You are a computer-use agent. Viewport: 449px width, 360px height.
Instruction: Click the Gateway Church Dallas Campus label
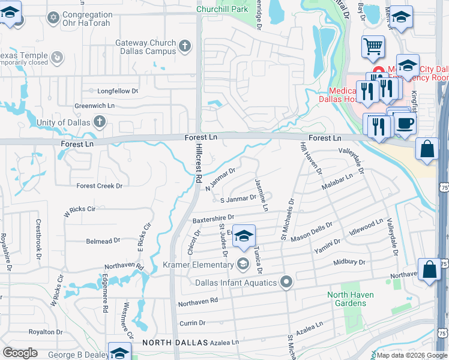point(146,47)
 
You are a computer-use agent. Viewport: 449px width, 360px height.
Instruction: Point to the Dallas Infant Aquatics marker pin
point(287,282)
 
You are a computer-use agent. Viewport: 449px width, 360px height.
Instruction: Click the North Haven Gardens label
point(351,299)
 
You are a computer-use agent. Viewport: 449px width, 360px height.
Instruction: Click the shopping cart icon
point(373,46)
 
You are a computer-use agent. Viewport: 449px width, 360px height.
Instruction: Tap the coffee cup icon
point(404,123)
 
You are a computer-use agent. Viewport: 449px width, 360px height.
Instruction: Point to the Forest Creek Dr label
point(99,186)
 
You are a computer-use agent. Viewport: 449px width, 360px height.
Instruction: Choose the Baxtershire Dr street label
point(213,218)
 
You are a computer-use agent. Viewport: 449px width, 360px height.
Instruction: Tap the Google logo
point(20,353)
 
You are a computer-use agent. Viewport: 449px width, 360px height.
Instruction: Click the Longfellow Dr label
point(118,91)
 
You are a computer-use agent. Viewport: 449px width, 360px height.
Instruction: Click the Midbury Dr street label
point(349,262)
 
